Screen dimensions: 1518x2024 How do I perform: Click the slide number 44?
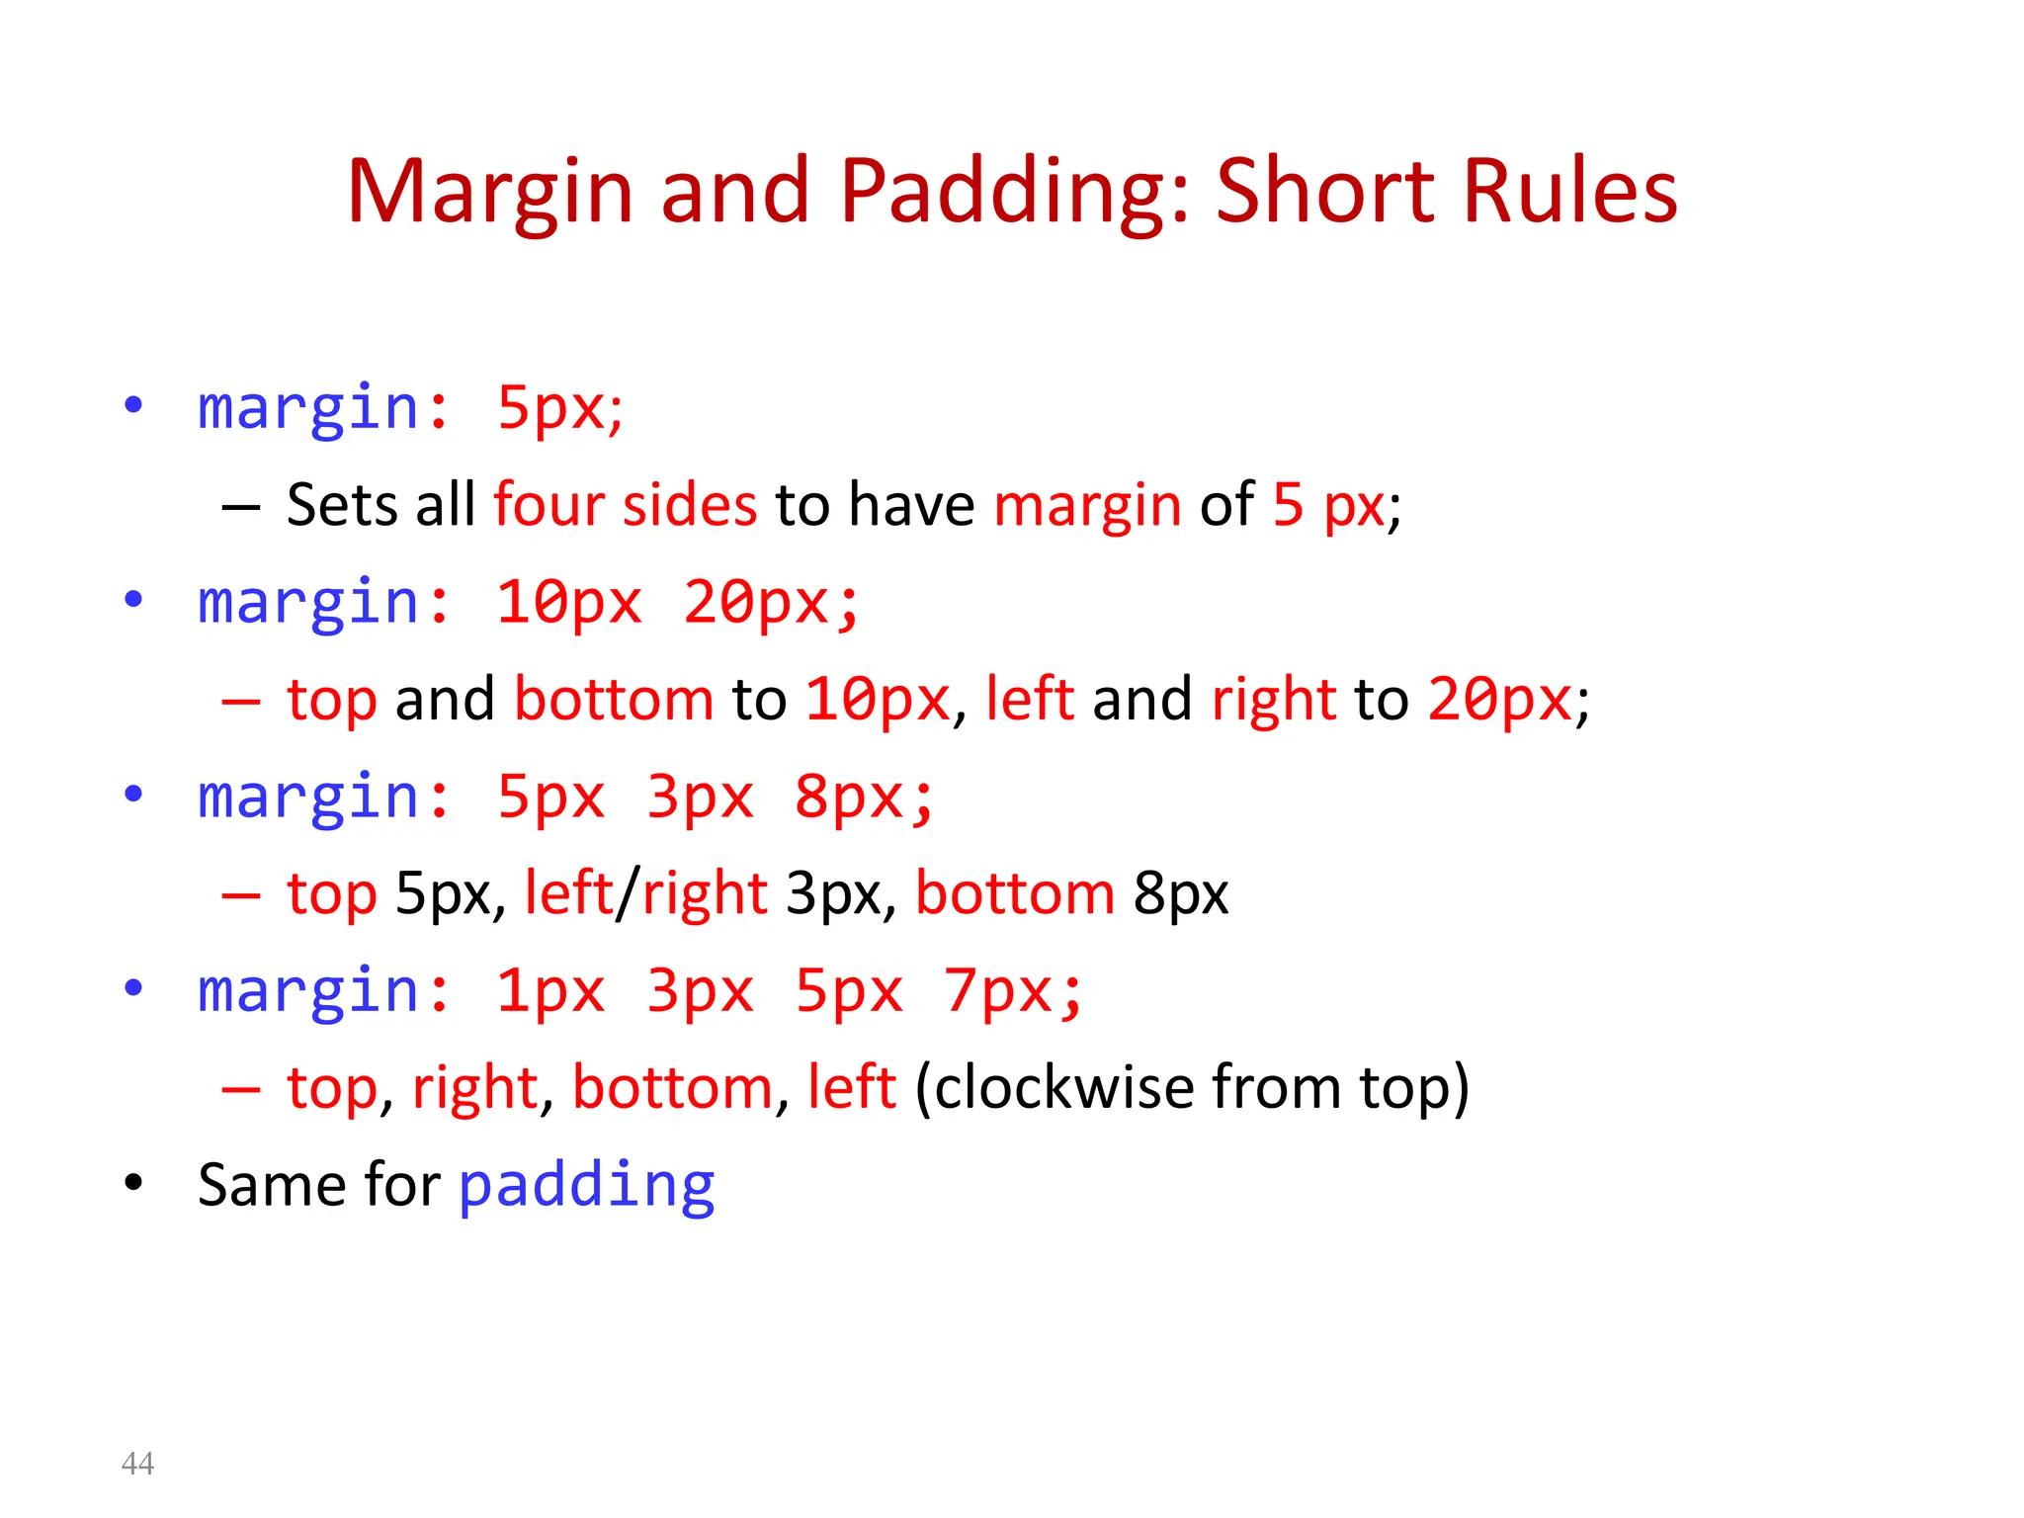coord(137,1463)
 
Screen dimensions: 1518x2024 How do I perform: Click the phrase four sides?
coord(625,505)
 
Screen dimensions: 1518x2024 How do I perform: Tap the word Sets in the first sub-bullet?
coord(342,505)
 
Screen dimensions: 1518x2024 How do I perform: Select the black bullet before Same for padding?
coord(133,1183)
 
